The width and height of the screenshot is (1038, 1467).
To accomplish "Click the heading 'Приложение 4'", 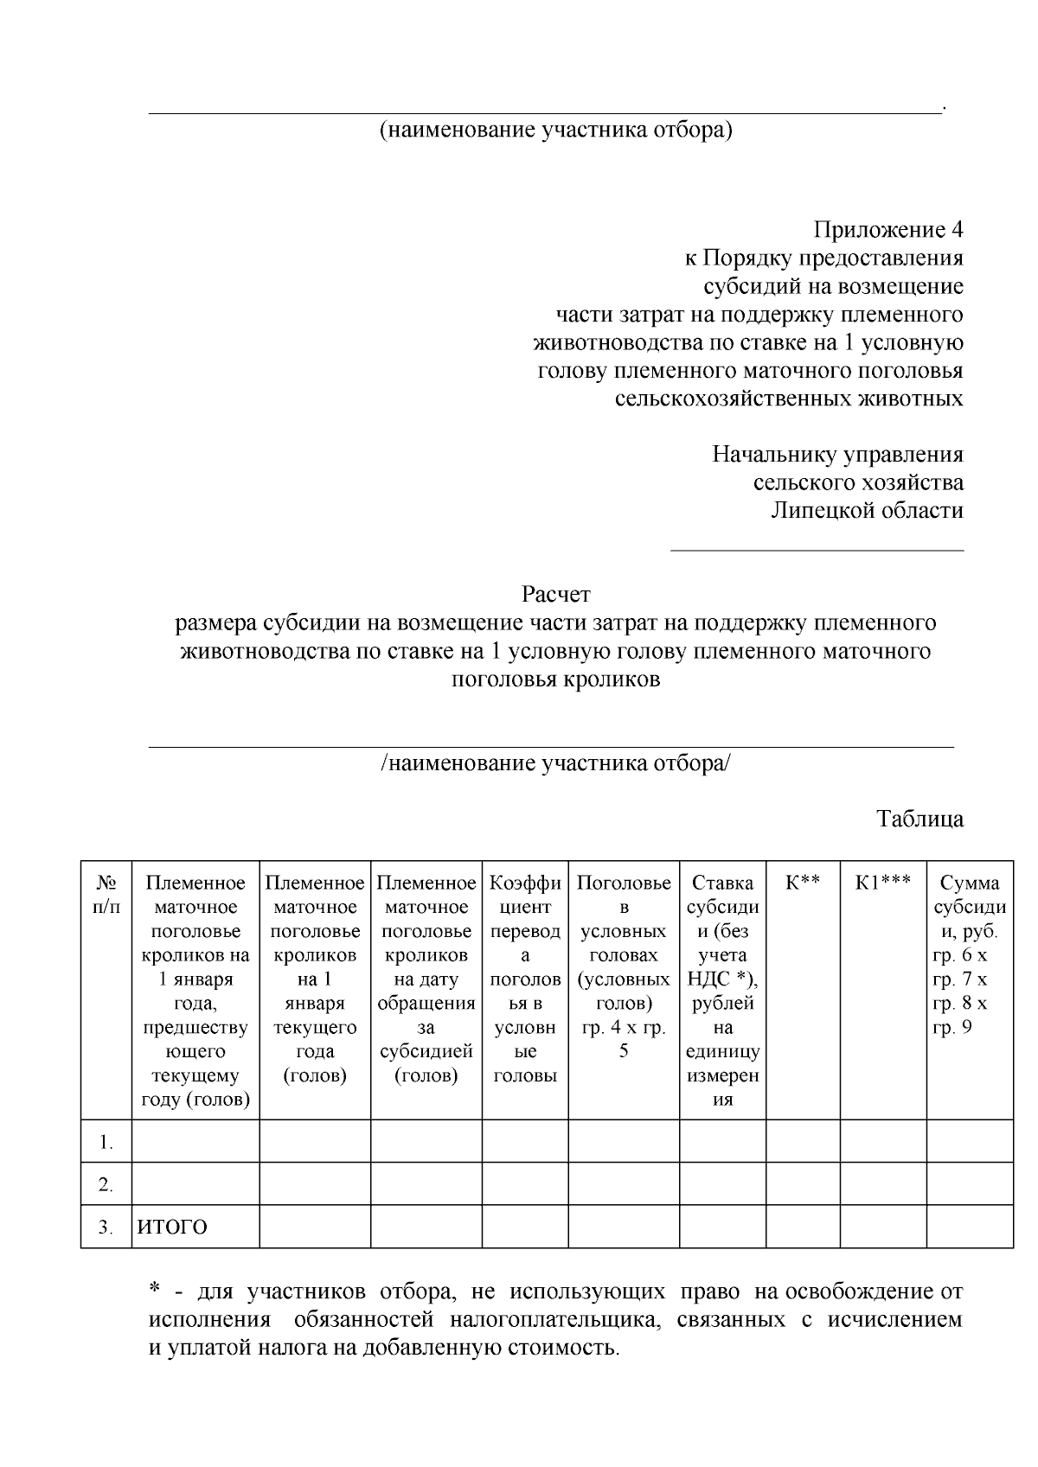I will (x=887, y=230).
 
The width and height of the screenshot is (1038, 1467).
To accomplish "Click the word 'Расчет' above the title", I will (x=555, y=595).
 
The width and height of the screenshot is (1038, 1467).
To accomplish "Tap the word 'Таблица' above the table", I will (x=919, y=819).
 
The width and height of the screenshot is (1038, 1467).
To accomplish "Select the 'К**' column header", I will (x=802, y=883).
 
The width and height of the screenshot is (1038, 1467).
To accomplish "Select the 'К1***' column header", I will (x=882, y=883).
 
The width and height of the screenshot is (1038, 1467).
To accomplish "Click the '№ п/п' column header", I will (x=106, y=896).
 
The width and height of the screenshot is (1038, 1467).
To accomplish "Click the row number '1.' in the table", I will (x=106, y=1143).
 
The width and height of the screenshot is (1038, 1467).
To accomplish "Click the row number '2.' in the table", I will (x=106, y=1185).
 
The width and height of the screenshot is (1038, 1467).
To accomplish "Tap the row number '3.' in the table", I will (x=106, y=1228).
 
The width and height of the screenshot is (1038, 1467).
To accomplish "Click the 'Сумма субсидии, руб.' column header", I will (x=969, y=908).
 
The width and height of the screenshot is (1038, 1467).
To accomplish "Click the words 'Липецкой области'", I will (x=867, y=510).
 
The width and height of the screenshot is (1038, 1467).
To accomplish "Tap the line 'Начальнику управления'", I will (x=837, y=455).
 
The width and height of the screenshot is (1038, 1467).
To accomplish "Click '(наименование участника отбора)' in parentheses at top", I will (x=555, y=131).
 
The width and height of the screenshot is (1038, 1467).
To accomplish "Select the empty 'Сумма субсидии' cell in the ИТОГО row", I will (x=969, y=1228).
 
